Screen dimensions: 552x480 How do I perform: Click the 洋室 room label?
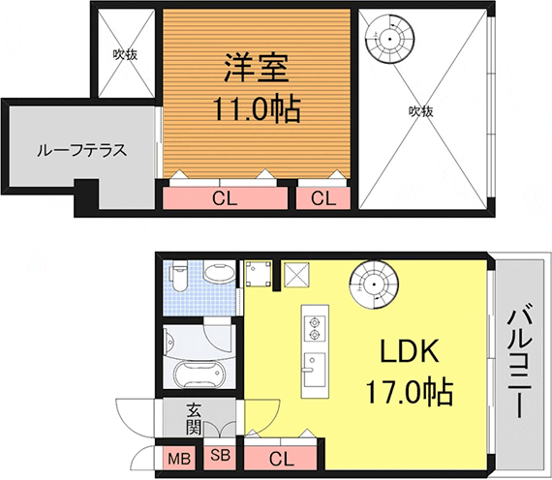(x=257, y=67)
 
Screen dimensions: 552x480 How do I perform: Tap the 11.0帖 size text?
(x=257, y=108)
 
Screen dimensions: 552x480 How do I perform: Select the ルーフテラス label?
(x=81, y=151)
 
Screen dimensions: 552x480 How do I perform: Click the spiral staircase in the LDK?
(x=374, y=285)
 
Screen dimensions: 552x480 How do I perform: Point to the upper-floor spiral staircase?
(x=389, y=39)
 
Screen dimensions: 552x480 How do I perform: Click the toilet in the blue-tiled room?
(x=178, y=277)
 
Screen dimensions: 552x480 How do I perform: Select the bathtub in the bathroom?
(x=199, y=375)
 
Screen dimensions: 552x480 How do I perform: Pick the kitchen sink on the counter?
(x=315, y=369)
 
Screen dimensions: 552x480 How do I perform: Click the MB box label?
(x=179, y=458)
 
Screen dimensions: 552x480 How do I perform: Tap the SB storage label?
(x=221, y=456)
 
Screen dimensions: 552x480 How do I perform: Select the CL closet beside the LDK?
(x=283, y=459)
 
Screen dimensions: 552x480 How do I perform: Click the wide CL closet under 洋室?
(x=225, y=198)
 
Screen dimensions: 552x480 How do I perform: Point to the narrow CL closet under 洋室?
(x=323, y=198)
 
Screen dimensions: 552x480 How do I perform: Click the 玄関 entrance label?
(x=194, y=418)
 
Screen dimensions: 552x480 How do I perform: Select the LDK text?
(x=410, y=350)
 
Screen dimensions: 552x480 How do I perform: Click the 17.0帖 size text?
(x=409, y=392)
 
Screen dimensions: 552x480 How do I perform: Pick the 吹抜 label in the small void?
(x=125, y=54)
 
